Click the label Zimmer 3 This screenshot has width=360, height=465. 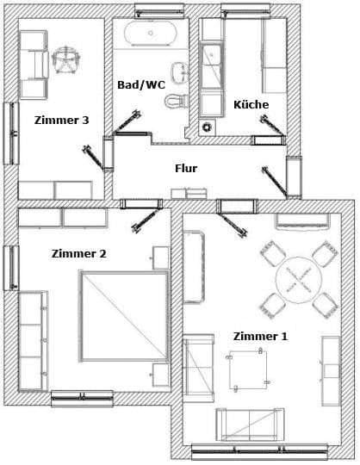click(61, 121)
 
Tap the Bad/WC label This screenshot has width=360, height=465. click(140, 84)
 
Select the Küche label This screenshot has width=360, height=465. click(251, 104)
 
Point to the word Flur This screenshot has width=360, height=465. click(185, 168)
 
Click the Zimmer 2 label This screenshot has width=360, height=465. click(78, 253)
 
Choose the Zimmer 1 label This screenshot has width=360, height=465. click(260, 336)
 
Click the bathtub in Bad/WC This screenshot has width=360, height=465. click(152, 34)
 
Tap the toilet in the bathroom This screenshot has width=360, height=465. click(177, 100)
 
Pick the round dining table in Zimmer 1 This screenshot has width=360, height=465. click(298, 279)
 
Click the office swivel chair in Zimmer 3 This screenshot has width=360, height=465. click(66, 59)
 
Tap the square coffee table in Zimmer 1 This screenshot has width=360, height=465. click(247, 370)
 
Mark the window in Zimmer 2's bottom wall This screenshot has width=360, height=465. click(82, 398)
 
